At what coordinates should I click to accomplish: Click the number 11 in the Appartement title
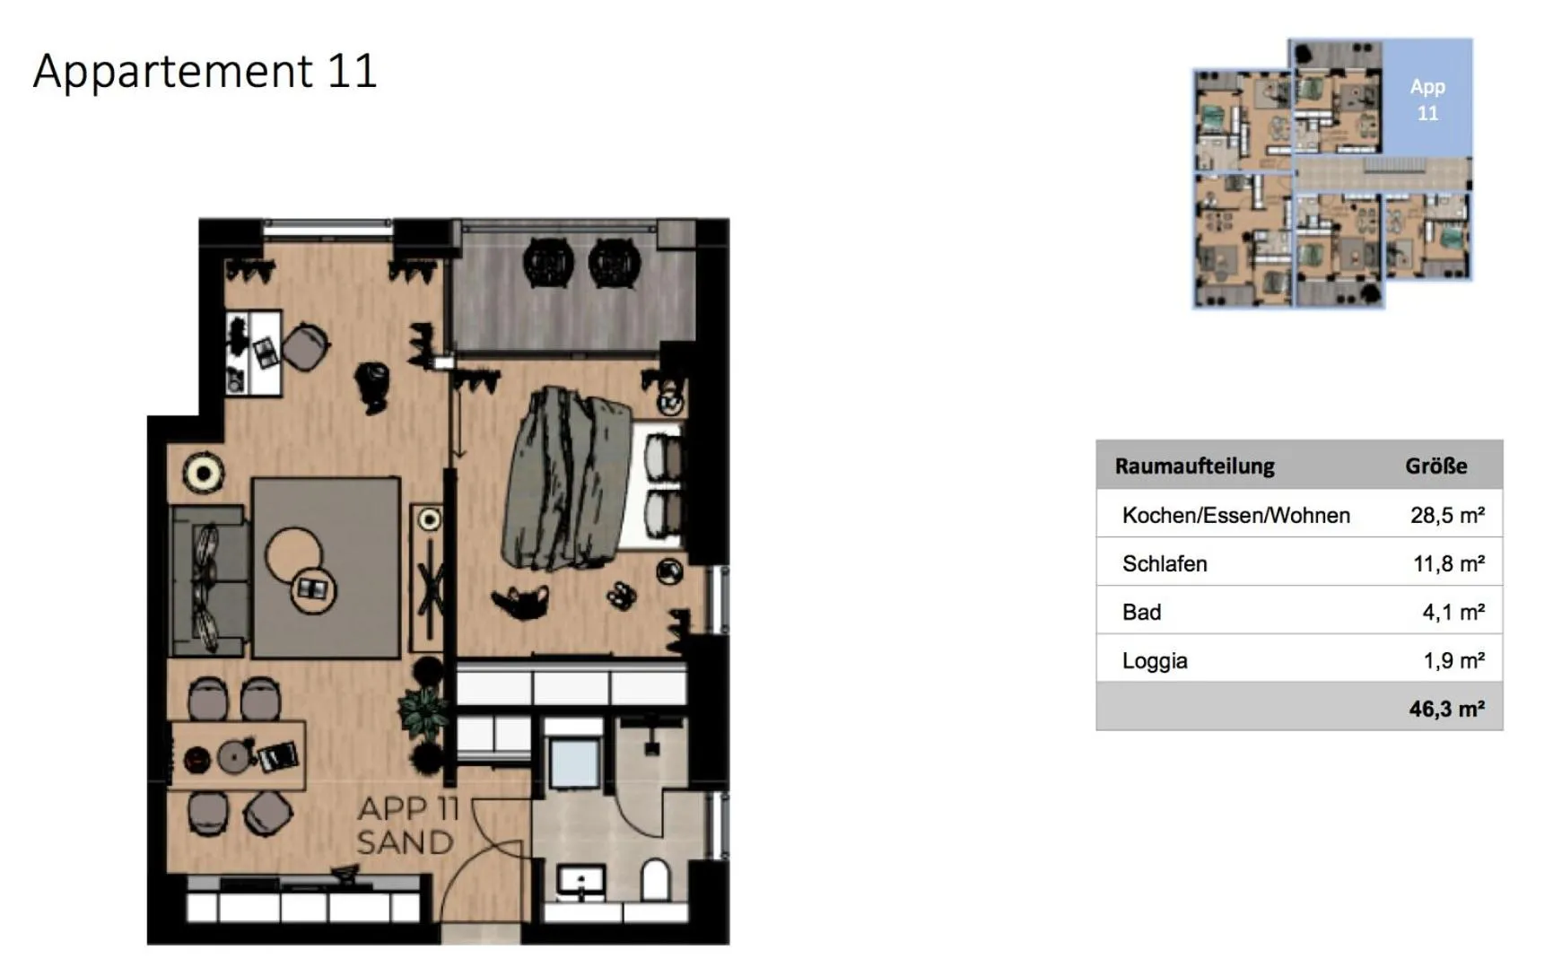tap(352, 71)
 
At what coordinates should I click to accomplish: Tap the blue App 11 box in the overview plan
tap(1426, 99)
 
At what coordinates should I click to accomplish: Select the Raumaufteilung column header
tap(1194, 466)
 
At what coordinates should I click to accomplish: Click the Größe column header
tap(1435, 466)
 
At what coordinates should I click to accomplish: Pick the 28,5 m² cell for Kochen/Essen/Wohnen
tap(1446, 515)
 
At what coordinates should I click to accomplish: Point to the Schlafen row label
tap(1165, 563)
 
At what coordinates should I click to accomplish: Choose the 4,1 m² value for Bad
tap(1453, 612)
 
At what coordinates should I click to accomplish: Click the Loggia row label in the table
tap(1155, 660)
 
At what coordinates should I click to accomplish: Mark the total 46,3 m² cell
tap(1445, 709)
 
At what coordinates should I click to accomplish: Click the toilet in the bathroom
tap(656, 880)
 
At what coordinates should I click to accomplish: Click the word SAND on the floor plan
tap(405, 842)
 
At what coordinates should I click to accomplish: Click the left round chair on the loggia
tap(547, 262)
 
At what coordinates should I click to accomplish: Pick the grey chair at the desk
tap(305, 345)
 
